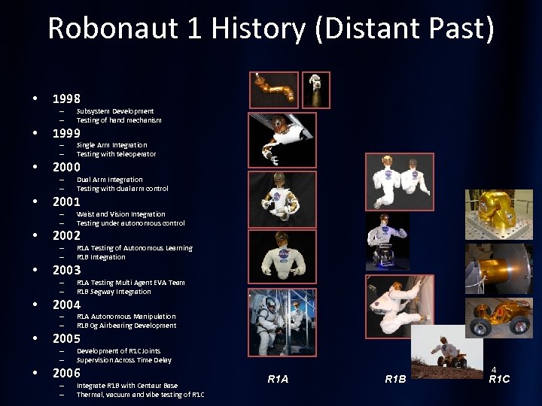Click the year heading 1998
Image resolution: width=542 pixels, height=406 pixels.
coord(66,98)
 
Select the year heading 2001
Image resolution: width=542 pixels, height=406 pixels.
coord(66,201)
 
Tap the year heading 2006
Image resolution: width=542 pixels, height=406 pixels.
coord(66,373)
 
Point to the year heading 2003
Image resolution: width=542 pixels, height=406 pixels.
coord(66,270)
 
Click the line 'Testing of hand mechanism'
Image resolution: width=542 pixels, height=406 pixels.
coord(119,120)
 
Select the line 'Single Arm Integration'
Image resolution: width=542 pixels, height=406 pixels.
coord(112,145)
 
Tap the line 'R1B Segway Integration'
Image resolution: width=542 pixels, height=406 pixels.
coord(114,292)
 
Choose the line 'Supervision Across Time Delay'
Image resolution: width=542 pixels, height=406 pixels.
coord(124,360)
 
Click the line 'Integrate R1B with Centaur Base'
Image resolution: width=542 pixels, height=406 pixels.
coord(127,386)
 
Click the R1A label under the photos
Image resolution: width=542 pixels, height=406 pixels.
coord(278,380)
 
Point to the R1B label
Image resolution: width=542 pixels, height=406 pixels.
coord(395,380)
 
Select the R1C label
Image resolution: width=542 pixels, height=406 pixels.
coord(499,379)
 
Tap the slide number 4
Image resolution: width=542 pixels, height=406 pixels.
coord(494,370)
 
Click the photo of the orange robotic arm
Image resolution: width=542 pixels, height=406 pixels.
coord(274,89)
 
